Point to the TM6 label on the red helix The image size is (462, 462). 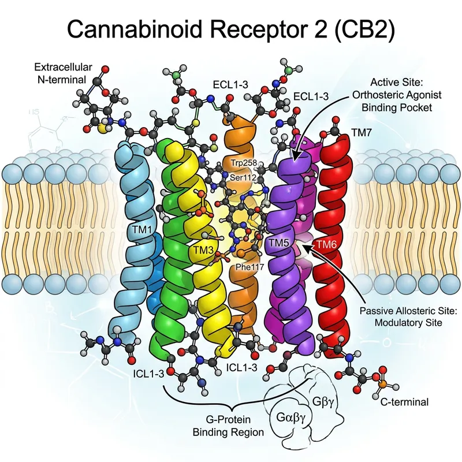tap(327, 243)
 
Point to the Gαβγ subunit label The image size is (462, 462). tap(286, 416)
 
